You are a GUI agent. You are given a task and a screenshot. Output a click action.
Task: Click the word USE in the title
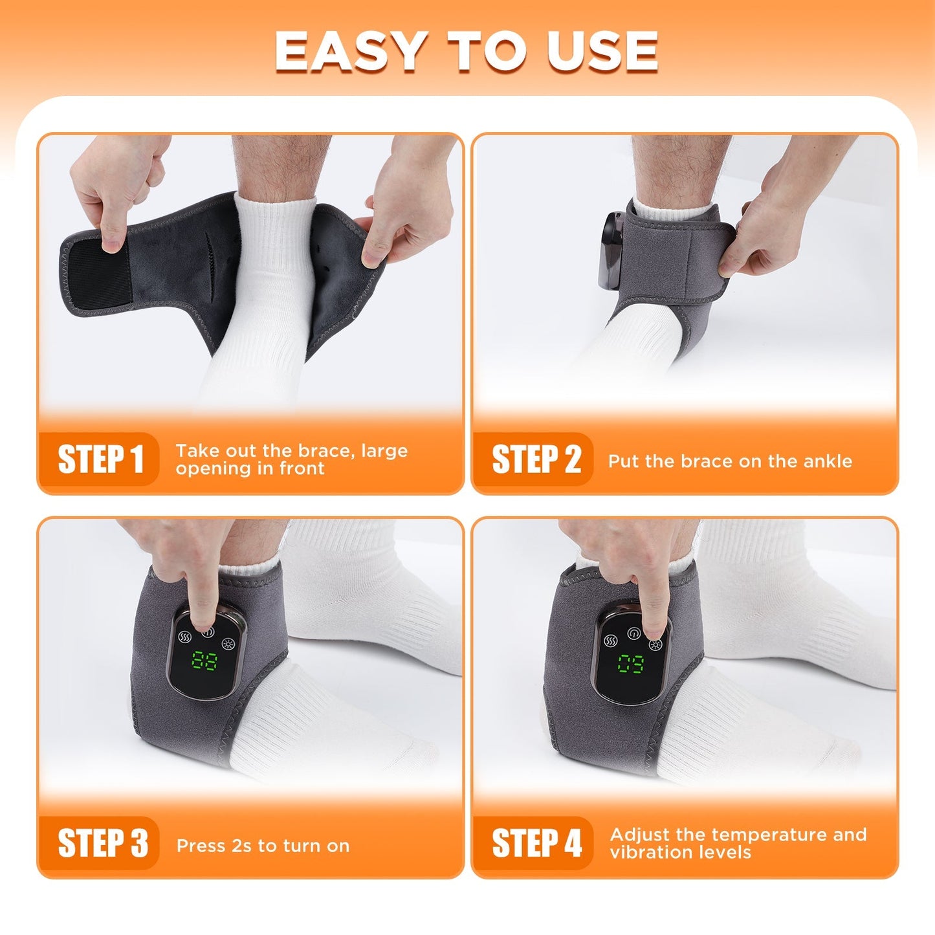602,52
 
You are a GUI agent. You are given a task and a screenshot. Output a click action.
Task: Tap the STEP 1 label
100,459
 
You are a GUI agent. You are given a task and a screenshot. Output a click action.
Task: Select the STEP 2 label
536,459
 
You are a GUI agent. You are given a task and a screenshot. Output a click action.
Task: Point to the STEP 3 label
102,844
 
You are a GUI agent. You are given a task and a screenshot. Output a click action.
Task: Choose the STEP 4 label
536,844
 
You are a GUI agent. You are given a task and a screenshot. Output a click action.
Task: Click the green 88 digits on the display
204,662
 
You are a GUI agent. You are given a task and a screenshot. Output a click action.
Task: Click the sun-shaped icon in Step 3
228,643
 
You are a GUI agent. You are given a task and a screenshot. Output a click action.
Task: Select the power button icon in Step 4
633,633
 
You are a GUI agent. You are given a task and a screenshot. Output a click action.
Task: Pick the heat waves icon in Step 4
610,641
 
